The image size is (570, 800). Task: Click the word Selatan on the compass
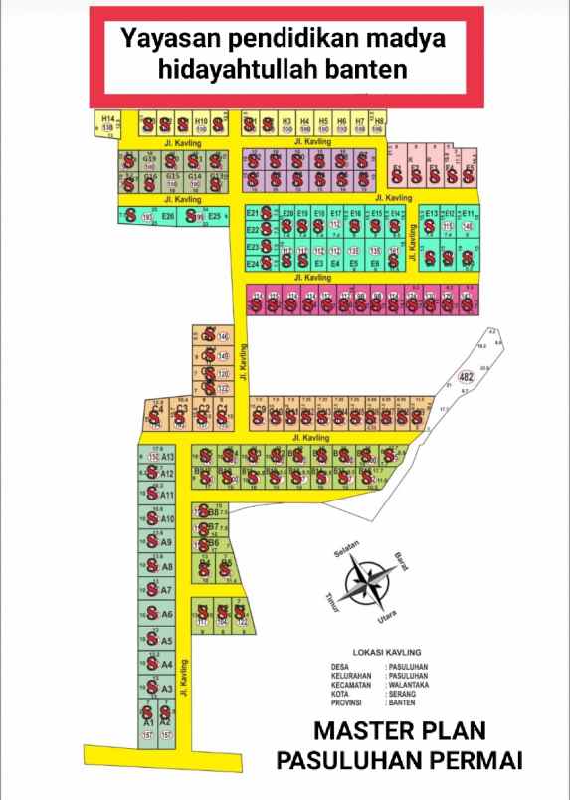tap(347, 549)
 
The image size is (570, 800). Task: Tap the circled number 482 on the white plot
tap(466, 377)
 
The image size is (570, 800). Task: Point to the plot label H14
tap(108, 119)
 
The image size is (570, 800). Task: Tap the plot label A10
tap(167, 519)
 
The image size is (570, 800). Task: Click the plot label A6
tap(167, 614)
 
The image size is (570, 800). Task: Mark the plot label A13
tap(168, 457)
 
